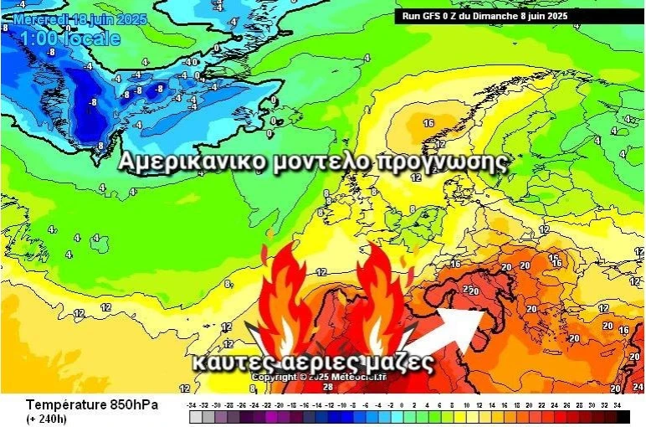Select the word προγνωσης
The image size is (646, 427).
pyautogui.click(x=443, y=163)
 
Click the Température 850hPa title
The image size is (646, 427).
pyautogui.click(x=89, y=405)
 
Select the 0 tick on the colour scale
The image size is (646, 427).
pyautogui.click(x=404, y=405)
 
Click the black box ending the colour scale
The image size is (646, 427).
pyautogui.click(x=623, y=416)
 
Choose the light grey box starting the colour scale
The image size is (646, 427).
pyautogui.click(x=195, y=416)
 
